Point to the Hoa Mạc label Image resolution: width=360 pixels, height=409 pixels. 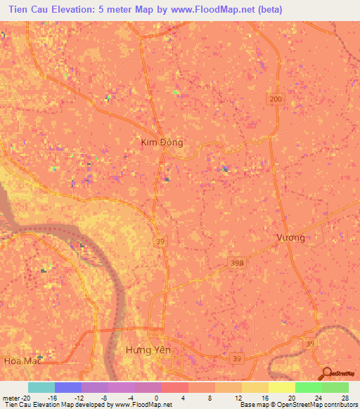point(18,361)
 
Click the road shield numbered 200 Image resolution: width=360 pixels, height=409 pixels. point(275,101)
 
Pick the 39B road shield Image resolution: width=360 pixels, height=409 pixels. point(237,263)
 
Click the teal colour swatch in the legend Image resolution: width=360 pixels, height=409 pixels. point(41,387)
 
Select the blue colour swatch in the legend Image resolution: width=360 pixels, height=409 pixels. point(68,387)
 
